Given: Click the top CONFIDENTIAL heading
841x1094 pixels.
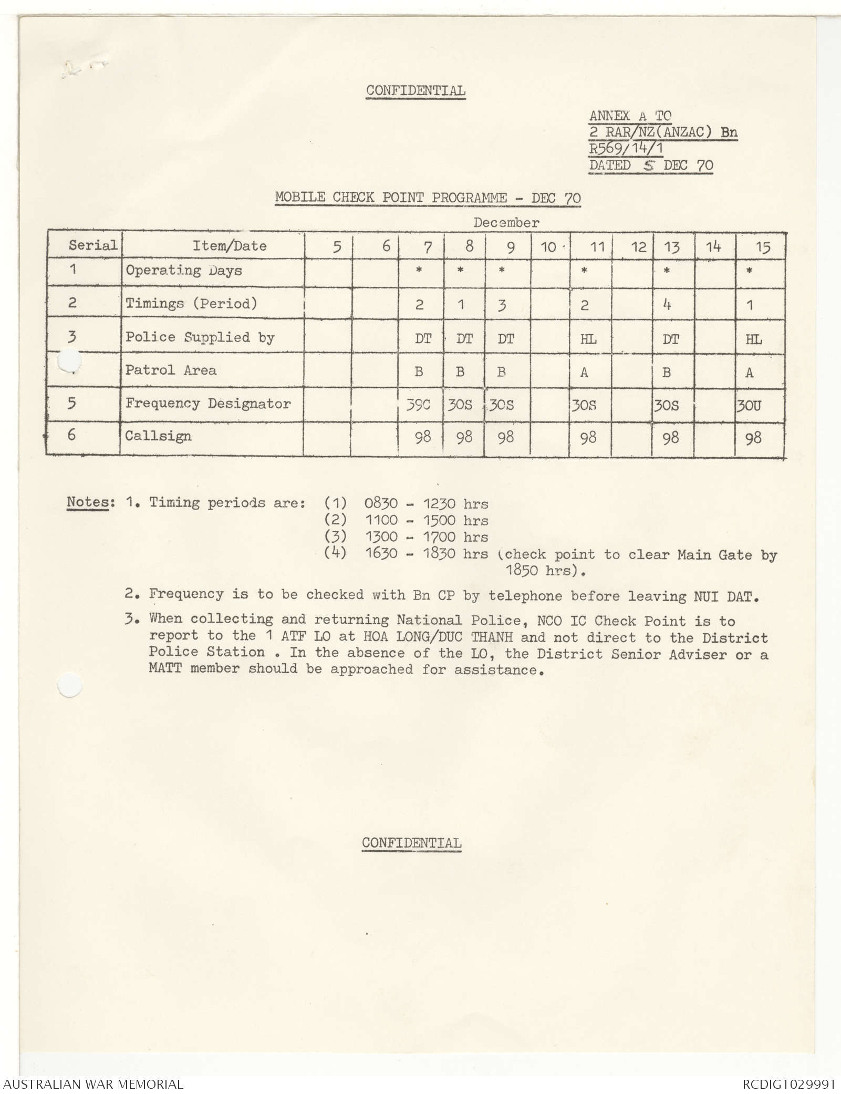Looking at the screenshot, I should [x=416, y=90].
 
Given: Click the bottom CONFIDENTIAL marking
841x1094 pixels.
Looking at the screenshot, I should [x=411, y=843].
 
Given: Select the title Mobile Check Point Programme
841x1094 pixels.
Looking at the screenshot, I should [x=428, y=198].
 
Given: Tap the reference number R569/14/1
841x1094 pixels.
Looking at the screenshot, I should [x=626, y=149].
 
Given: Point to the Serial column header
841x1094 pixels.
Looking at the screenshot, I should [x=92, y=245].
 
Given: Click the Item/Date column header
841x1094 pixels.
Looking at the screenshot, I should [x=229, y=246].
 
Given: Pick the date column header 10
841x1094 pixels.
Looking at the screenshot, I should [x=548, y=247].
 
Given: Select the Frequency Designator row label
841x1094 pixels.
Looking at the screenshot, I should [x=207, y=404].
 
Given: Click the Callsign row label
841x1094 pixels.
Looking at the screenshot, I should [x=158, y=436].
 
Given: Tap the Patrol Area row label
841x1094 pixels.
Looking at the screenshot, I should [x=171, y=370].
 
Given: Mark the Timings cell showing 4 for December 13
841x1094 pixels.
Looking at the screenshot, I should [x=667, y=305].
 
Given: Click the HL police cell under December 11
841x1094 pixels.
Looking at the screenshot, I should [x=588, y=339].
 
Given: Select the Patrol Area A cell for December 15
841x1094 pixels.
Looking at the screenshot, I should [x=750, y=373].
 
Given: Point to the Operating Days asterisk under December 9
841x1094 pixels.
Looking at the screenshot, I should [x=502, y=271].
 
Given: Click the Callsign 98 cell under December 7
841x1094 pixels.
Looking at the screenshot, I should [x=423, y=438].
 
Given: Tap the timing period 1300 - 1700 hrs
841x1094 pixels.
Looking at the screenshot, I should [x=426, y=538].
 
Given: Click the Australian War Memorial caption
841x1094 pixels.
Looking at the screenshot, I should [x=92, y=1084].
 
